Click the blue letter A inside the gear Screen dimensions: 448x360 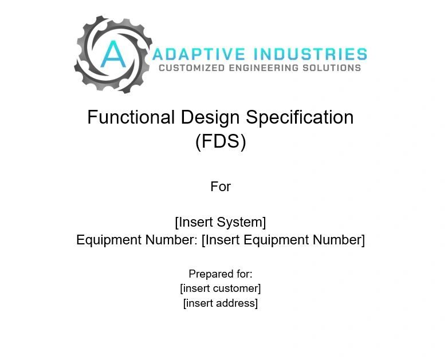tap(113, 54)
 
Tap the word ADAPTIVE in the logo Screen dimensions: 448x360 tap(199, 54)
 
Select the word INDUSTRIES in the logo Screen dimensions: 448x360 tap(311, 54)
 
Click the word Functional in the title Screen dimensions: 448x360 tap(131, 117)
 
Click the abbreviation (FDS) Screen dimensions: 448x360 tap(221, 141)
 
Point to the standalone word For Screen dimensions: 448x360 tap(221, 187)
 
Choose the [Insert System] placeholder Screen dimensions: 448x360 tap(221, 222)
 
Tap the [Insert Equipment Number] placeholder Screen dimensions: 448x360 tap(283, 240)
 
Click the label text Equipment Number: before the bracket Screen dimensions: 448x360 tap(137, 240)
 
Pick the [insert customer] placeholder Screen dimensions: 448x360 tap(221, 288)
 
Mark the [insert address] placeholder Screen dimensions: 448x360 tap(221, 303)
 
